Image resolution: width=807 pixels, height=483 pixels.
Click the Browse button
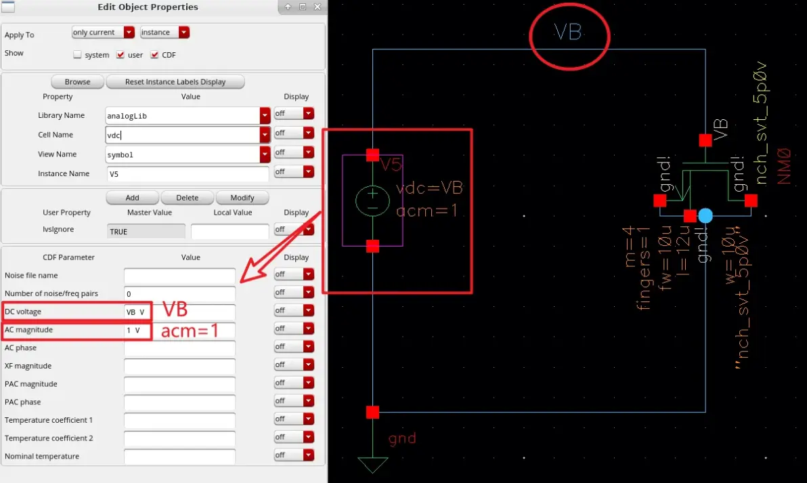click(x=77, y=82)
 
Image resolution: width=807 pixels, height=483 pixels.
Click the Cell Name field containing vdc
click(x=183, y=135)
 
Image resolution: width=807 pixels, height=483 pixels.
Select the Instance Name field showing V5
click(x=188, y=174)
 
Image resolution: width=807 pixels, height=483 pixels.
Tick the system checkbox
click(x=77, y=55)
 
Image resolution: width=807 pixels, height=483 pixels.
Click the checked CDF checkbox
click(x=154, y=55)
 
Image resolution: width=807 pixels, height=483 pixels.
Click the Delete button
click(x=188, y=198)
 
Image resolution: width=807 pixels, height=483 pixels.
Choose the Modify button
click(x=242, y=198)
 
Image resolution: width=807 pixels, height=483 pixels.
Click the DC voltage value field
click(x=179, y=312)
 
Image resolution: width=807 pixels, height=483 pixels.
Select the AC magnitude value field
click(x=179, y=330)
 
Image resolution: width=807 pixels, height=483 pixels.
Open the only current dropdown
click(x=103, y=33)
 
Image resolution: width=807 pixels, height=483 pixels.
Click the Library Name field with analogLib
click(x=183, y=116)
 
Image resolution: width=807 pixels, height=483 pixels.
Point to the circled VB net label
click(x=568, y=33)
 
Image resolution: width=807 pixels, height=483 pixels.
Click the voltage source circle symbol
click(x=372, y=201)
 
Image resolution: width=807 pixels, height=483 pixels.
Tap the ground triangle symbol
click(x=372, y=465)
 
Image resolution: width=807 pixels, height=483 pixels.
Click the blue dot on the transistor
click(x=705, y=215)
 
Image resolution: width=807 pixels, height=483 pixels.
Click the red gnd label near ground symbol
click(x=402, y=439)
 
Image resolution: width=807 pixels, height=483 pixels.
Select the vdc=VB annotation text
click(x=429, y=188)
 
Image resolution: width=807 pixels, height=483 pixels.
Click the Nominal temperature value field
click(x=179, y=456)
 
